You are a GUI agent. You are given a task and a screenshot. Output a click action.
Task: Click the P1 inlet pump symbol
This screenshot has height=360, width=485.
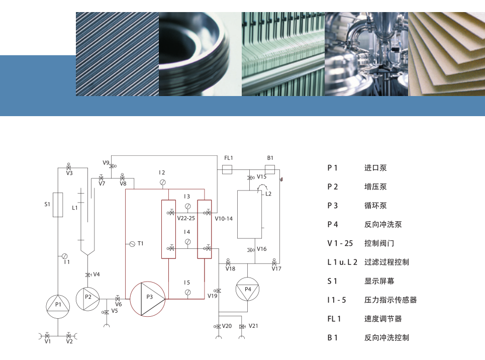click(x=58, y=305)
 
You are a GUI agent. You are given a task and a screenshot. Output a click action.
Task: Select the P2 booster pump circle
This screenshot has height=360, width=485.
click(x=88, y=297)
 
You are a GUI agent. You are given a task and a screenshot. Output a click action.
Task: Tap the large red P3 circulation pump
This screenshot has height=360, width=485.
click(x=148, y=299)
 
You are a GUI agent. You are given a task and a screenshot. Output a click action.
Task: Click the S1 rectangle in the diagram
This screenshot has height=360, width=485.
click(x=58, y=205)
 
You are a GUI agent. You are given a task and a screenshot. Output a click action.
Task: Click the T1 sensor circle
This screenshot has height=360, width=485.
click(x=132, y=244)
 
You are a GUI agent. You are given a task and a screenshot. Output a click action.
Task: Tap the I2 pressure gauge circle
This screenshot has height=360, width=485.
click(x=162, y=183)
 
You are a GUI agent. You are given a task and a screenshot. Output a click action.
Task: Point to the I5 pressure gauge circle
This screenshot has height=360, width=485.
click(x=187, y=292)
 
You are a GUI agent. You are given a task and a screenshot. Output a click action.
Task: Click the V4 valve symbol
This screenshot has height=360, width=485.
click(x=88, y=274)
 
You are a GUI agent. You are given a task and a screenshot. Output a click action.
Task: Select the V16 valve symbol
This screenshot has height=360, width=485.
click(x=250, y=250)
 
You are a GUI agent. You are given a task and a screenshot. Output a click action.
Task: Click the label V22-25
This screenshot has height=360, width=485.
click(x=186, y=219)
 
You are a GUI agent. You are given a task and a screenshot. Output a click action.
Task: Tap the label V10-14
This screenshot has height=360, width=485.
click(x=224, y=219)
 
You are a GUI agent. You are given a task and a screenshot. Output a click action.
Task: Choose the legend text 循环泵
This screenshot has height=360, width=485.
click(x=375, y=206)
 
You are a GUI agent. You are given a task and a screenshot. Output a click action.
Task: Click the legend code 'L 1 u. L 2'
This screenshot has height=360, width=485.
click(x=342, y=262)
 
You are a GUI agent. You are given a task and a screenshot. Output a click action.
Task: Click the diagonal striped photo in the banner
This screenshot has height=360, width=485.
click(x=117, y=54)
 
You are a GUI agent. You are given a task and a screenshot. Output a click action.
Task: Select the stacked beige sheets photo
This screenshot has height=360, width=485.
click(x=446, y=54)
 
